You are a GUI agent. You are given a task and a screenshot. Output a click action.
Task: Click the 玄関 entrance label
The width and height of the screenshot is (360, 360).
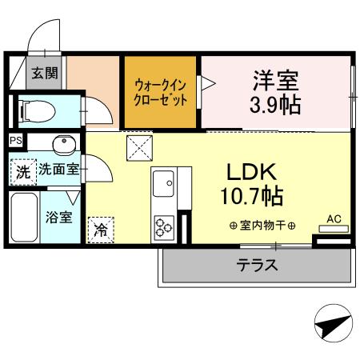[x=44, y=74]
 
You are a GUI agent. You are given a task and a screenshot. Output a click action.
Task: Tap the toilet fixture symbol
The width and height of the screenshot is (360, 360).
[x=36, y=110]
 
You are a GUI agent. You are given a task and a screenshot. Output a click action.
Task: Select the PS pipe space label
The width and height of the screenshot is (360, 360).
[x=15, y=141]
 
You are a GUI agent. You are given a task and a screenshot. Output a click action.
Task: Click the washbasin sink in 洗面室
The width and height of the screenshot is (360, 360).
[x=63, y=145]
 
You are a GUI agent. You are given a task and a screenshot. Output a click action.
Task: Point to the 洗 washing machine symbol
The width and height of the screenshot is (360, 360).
[x=23, y=170]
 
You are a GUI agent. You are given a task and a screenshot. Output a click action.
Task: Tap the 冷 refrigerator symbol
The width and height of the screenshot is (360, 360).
[x=101, y=229]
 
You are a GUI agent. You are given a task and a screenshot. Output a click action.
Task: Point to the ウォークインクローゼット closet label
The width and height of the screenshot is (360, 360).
[x=161, y=92]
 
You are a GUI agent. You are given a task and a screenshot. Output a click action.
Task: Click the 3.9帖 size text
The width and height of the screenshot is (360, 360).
[x=277, y=104]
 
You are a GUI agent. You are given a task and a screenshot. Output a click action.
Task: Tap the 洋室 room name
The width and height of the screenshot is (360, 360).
[x=276, y=80]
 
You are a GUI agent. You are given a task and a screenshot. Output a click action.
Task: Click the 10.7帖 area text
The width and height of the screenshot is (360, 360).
[x=253, y=194]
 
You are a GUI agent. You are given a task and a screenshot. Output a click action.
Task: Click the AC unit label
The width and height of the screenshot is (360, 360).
[x=334, y=217]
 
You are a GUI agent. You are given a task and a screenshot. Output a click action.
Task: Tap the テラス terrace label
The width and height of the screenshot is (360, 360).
[x=257, y=266]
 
